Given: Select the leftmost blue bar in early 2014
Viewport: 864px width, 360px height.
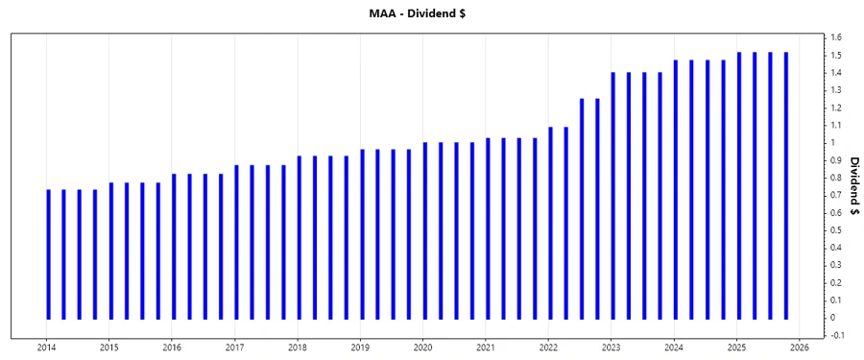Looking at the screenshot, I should click(x=48, y=254).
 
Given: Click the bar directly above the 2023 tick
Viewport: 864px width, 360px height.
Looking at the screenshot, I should click(x=613, y=196).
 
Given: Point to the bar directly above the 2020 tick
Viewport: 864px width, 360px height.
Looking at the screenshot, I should click(x=424, y=230).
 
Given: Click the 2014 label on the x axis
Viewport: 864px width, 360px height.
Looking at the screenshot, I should click(x=46, y=348).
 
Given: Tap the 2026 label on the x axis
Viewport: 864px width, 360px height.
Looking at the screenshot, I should click(x=801, y=348).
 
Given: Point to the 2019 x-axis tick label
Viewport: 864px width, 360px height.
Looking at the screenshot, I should click(x=360, y=348).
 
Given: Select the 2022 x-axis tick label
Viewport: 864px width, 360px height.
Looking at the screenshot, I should click(x=549, y=348).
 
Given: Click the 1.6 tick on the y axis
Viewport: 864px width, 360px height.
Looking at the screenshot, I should click(x=836, y=37).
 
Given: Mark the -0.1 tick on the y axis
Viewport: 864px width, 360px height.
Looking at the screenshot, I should click(x=836, y=335).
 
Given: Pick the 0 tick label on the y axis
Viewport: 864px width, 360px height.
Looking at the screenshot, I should click(x=833, y=318).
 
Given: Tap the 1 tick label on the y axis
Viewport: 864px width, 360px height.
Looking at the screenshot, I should click(x=833, y=142).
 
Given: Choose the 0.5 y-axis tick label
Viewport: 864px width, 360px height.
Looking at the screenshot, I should click(x=836, y=230).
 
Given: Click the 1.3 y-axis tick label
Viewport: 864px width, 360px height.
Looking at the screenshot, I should click(x=836, y=90).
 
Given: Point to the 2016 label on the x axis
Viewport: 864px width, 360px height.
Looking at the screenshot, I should click(x=172, y=348).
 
